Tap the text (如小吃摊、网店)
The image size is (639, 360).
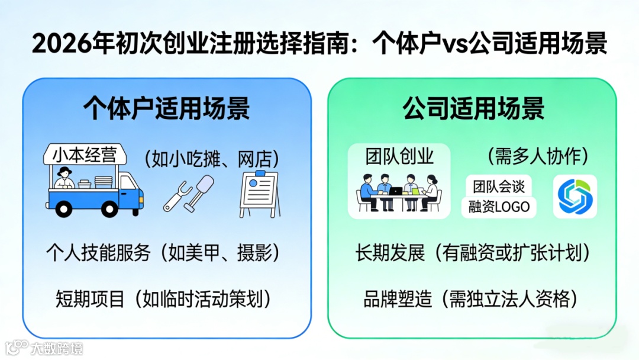[x=212, y=158]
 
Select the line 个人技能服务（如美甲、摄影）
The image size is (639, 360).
[x=163, y=253]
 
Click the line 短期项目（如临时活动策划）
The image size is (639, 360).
[x=163, y=298]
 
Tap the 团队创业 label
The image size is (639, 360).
[x=399, y=156]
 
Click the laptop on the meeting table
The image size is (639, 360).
[x=396, y=191]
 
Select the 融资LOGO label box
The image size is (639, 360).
[x=498, y=207]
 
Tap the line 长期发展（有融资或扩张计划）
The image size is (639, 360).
[x=473, y=253]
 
